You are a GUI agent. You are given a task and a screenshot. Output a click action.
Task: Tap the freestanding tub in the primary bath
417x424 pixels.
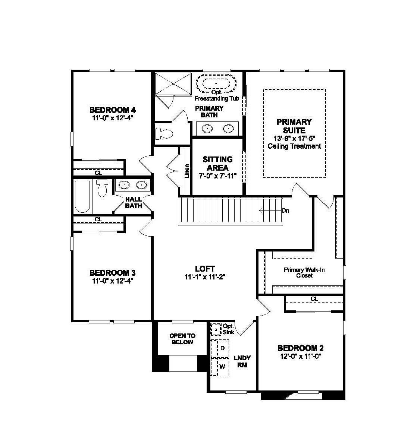[216, 83]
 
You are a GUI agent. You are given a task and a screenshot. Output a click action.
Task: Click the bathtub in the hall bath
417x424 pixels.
[82, 196]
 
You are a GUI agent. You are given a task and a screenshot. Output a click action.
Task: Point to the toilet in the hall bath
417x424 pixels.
[102, 188]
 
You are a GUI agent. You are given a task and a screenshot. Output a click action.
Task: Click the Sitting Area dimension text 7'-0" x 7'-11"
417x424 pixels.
[218, 176]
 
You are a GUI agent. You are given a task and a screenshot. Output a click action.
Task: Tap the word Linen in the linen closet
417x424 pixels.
[187, 171]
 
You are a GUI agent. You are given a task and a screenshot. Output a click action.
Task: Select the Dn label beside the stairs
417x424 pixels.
[285, 211]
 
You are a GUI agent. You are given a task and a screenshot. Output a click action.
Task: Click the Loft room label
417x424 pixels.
[205, 269]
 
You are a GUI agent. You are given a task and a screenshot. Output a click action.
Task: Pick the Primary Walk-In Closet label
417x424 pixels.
[304, 272]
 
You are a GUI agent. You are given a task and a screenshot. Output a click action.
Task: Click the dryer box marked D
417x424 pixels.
[222, 348]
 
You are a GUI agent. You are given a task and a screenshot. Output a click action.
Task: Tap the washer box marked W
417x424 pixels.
[222, 366]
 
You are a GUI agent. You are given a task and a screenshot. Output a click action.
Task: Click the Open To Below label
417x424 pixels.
[182, 339]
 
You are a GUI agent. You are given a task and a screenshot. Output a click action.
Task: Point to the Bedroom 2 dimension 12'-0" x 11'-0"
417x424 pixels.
[300, 356]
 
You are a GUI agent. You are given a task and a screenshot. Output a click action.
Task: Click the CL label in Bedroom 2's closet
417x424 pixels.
[314, 299]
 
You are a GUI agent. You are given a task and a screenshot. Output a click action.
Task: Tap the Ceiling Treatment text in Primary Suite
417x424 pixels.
[294, 146]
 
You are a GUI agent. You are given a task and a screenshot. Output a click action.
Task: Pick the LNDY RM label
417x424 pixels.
[242, 361]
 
